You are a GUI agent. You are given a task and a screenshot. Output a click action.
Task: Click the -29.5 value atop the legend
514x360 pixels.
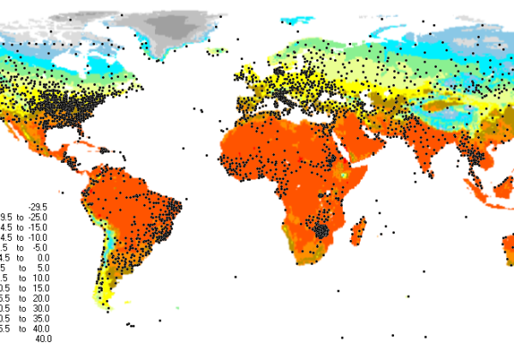[x=39, y=206]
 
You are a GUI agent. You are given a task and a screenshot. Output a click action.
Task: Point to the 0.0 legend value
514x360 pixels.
[x=44, y=257]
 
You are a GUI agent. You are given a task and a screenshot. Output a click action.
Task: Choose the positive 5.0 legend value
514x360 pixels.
[x=44, y=267]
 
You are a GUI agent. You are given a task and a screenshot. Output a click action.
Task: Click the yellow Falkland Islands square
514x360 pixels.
[x=128, y=302]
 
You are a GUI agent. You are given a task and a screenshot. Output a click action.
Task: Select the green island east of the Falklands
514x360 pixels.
[x=177, y=308]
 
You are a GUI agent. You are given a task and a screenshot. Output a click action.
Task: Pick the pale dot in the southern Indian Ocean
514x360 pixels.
[x=408, y=297]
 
